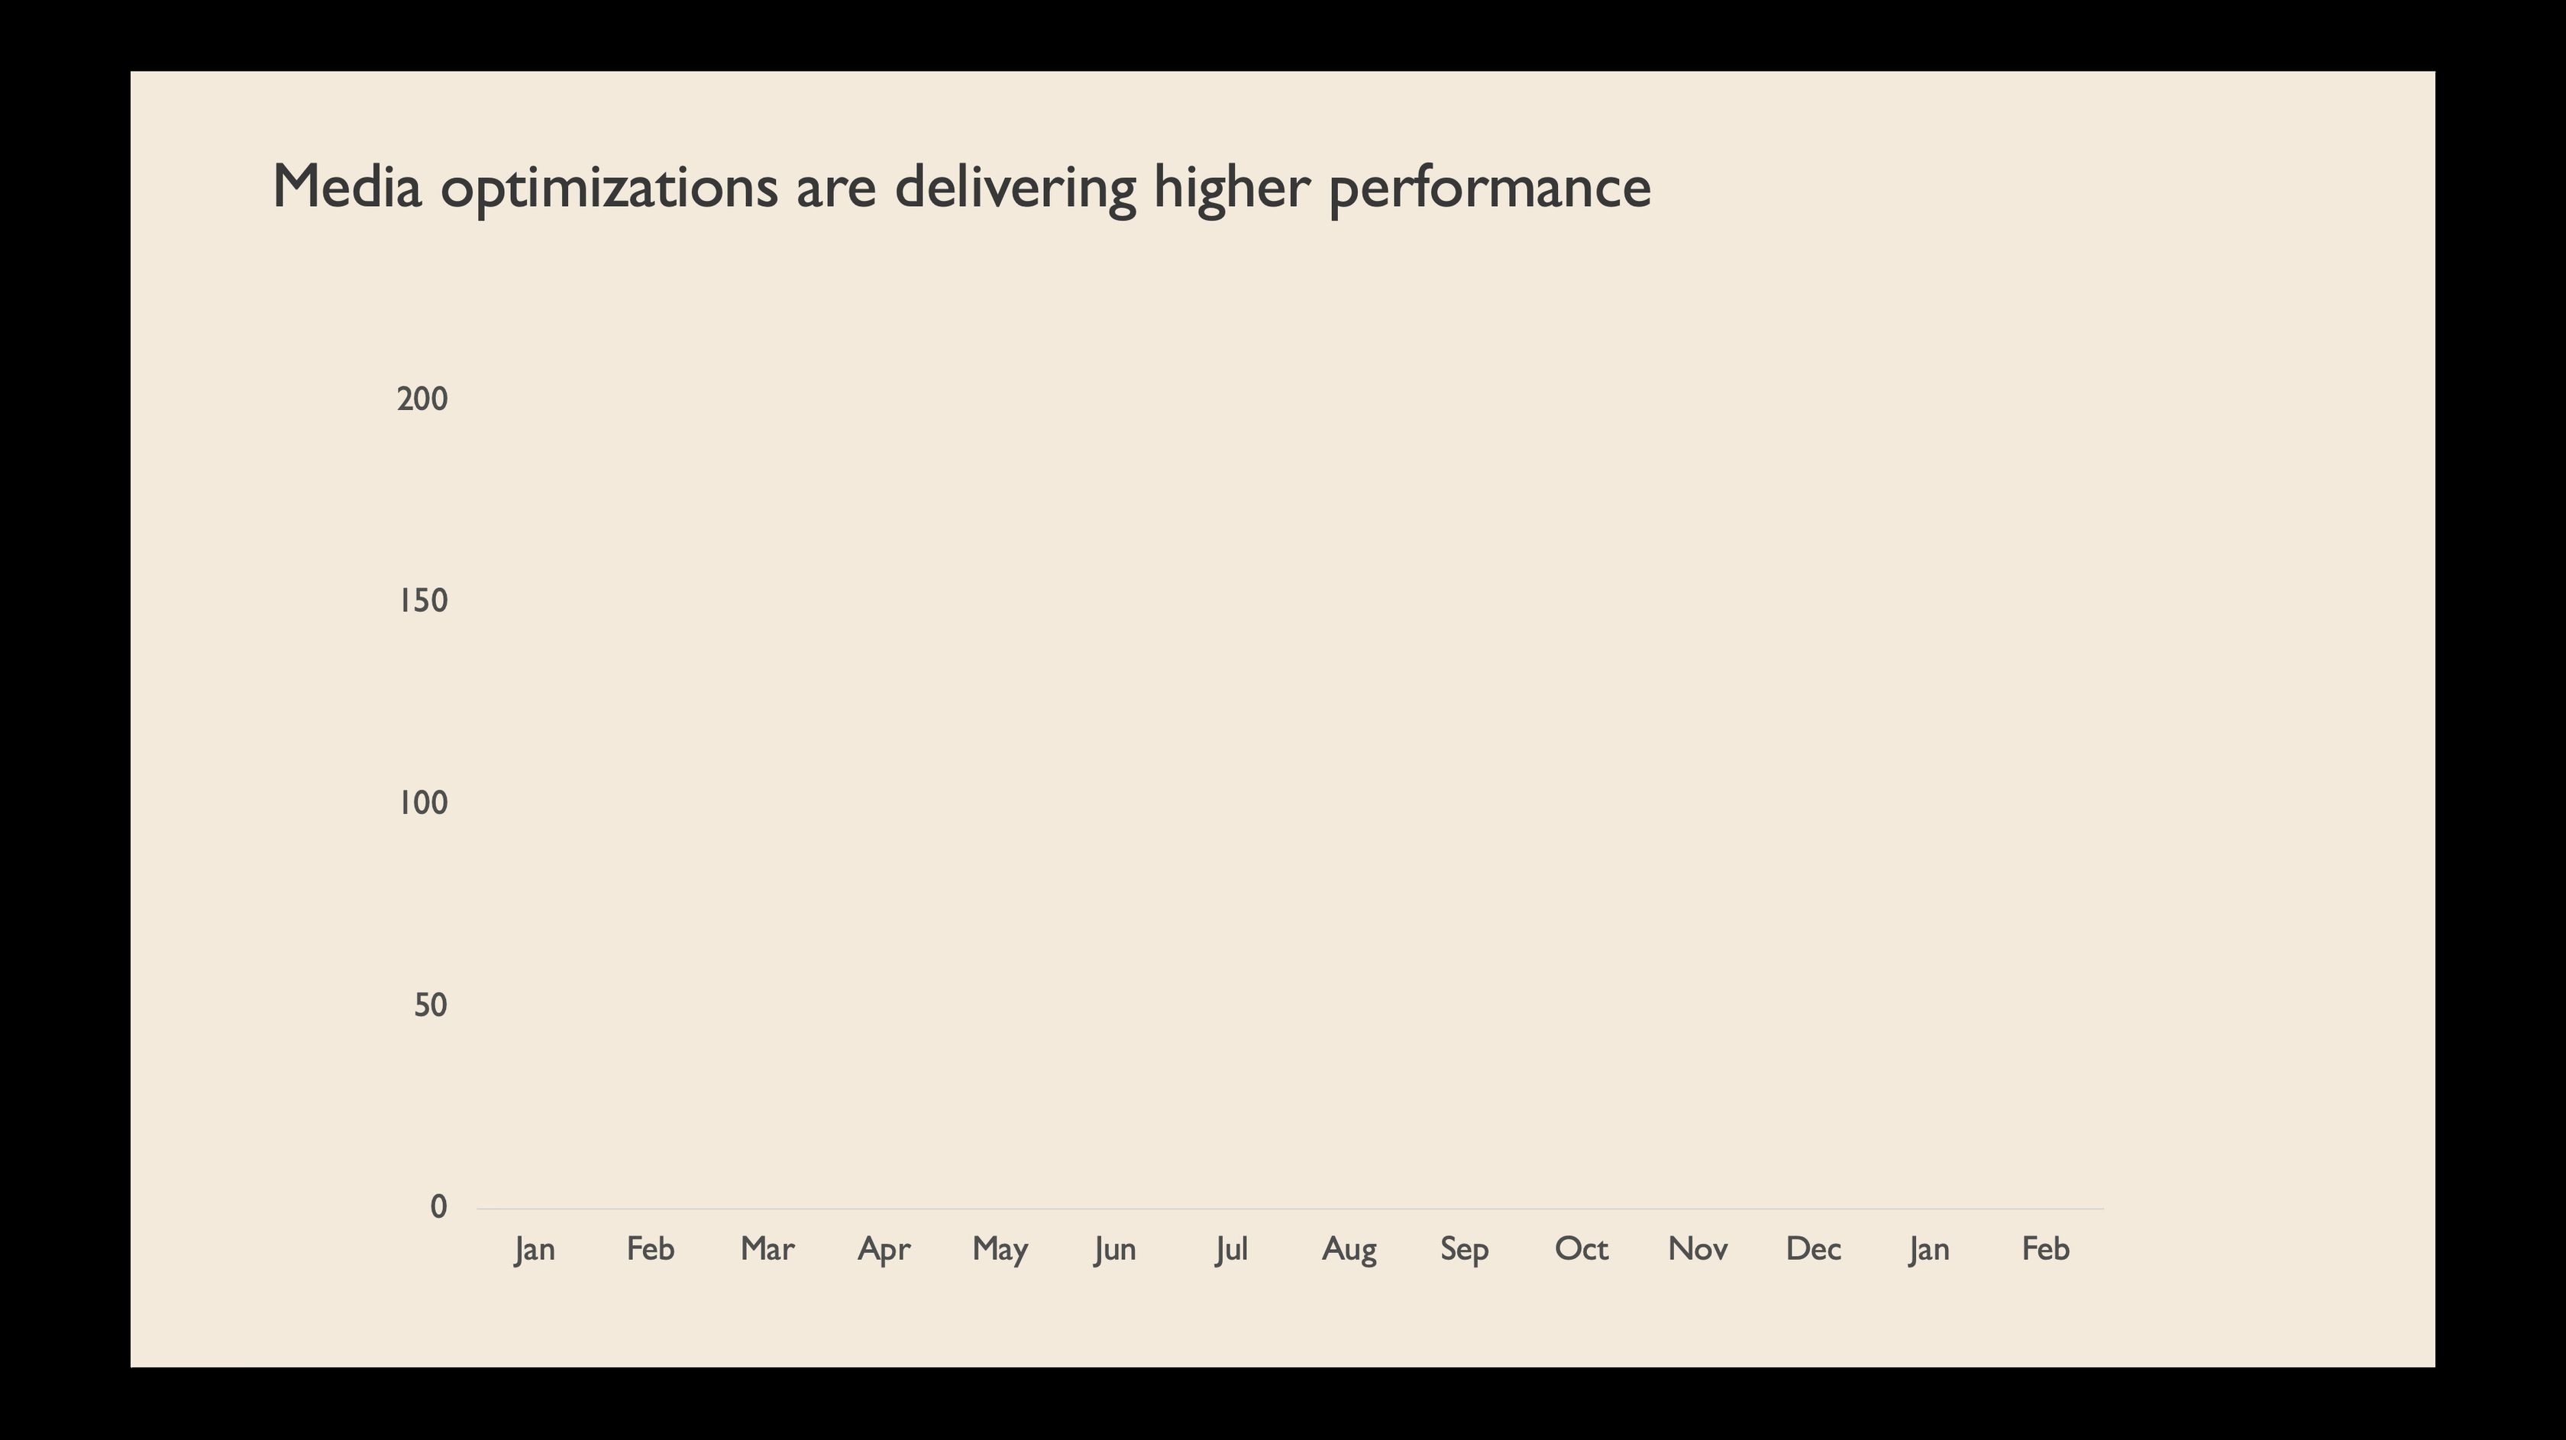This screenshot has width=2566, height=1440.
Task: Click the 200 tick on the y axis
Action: point(422,399)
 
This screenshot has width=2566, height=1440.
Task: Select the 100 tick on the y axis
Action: point(423,802)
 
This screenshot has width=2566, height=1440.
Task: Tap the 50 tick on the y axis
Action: point(430,1006)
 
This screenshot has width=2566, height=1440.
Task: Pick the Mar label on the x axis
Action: point(767,1249)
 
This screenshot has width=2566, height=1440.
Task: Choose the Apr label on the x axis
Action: point(884,1250)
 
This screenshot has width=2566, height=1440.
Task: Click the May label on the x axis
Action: point(1000,1250)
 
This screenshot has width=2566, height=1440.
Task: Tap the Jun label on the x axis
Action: point(1115,1250)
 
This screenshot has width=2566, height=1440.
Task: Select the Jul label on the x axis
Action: point(1231,1250)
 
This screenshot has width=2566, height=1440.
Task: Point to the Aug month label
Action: point(1349,1250)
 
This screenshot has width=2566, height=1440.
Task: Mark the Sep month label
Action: point(1464,1250)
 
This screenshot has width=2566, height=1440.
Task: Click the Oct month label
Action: point(1582,1249)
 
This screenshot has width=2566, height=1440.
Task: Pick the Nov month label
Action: point(1698,1249)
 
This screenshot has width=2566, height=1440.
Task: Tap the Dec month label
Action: point(1813,1249)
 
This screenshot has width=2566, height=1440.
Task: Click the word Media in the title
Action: point(347,186)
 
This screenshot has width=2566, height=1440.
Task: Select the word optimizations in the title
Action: point(609,189)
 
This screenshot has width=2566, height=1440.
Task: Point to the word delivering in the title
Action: point(1015,189)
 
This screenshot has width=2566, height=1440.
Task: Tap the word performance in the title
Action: point(1490,189)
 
